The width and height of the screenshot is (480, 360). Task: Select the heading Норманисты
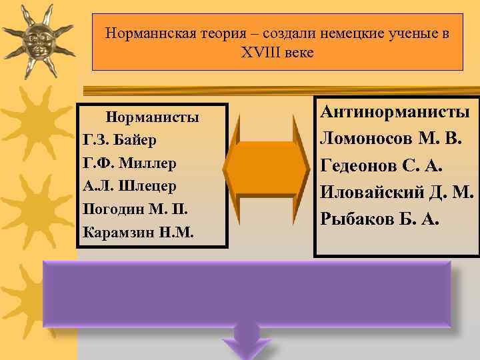coord(153,118)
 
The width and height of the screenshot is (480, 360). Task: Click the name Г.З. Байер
coord(120,140)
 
